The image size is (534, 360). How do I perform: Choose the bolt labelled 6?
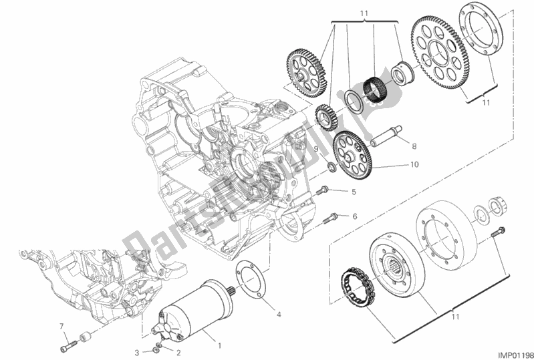pyautogui.click(x=331, y=216)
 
